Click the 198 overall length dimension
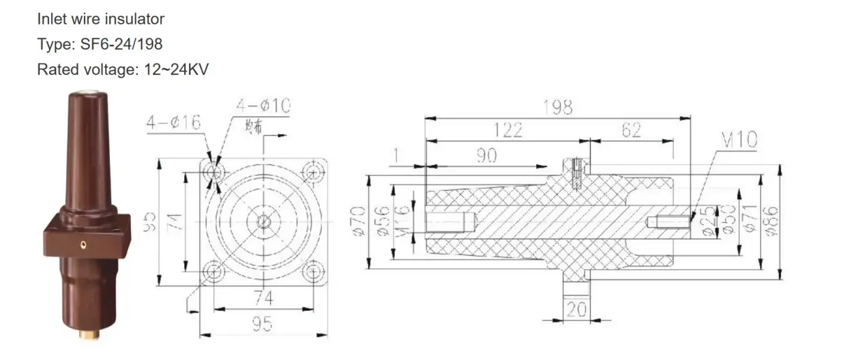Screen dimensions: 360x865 pos(557,107)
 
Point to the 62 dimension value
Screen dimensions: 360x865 pos(632,130)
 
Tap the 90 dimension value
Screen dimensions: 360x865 pos(485,155)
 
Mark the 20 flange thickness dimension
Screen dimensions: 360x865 pos(576,310)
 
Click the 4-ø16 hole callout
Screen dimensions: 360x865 pos(173,123)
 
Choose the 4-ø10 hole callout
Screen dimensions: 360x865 pos(263,106)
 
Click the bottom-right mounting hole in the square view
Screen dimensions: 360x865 pos(313,272)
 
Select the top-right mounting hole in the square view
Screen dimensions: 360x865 pos(313,171)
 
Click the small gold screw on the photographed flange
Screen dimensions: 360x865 pos(83,242)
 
